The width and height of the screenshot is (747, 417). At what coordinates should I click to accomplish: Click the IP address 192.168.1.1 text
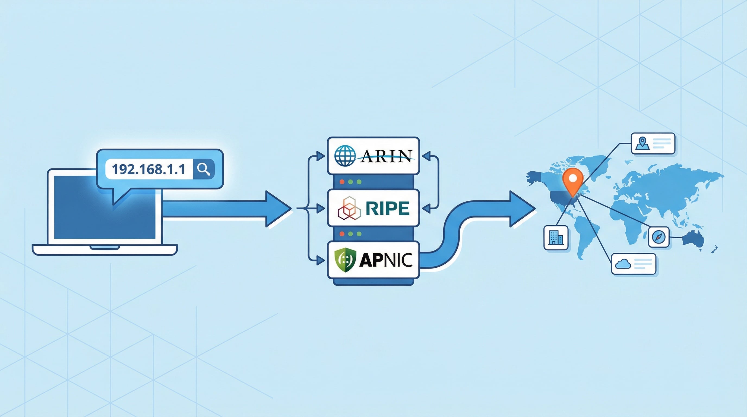click(148, 169)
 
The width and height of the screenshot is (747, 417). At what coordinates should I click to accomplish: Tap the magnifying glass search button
click(204, 169)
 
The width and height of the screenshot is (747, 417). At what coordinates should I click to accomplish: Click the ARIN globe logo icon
click(345, 156)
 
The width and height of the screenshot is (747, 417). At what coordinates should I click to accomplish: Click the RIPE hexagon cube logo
click(349, 208)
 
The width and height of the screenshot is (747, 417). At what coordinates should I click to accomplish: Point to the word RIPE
click(387, 208)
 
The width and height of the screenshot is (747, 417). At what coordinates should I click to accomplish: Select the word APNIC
click(386, 260)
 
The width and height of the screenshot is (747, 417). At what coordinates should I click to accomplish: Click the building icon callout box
click(556, 238)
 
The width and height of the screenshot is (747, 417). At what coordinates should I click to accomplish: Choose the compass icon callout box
click(659, 237)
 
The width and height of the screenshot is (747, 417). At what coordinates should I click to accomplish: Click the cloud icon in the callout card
click(623, 264)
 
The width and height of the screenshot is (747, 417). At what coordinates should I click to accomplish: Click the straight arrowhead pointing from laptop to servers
click(277, 208)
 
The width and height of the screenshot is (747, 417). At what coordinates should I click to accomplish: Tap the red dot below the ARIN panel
click(342, 182)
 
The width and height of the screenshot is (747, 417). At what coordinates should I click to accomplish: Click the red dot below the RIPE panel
click(342, 234)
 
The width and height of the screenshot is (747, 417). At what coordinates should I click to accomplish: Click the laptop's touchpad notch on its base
click(105, 247)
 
